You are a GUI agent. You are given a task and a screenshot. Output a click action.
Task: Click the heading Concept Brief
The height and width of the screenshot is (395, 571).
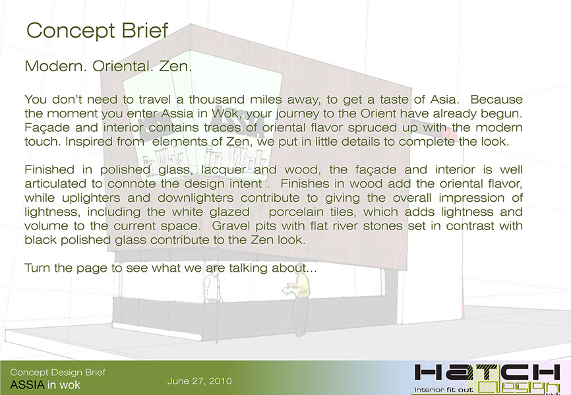(97, 30)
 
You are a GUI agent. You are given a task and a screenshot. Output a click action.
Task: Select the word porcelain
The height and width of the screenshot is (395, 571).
(295, 212)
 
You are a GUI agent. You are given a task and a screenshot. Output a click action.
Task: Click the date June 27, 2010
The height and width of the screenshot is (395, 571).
(200, 381)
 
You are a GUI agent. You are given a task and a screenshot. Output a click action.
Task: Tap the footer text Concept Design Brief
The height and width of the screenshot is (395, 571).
(58, 372)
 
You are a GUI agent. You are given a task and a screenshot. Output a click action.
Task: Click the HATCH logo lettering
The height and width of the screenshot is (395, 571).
(487, 373)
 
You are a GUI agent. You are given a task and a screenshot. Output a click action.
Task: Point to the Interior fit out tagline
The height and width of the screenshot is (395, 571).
(443, 390)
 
